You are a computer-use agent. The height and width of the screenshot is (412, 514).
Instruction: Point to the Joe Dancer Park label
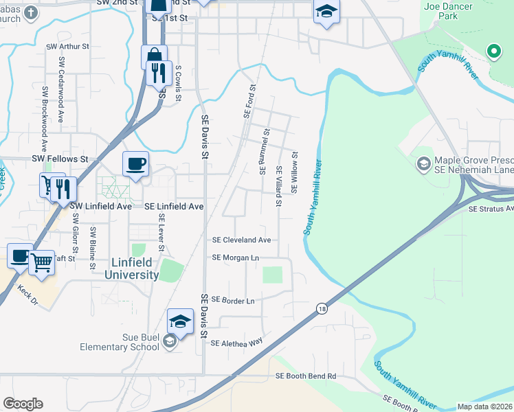pos(448,11)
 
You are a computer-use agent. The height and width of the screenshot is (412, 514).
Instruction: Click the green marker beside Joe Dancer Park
pos(493,51)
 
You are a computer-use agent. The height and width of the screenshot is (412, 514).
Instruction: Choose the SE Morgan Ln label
pos(236,257)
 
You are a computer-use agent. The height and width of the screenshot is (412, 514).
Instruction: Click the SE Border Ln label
pos(233,301)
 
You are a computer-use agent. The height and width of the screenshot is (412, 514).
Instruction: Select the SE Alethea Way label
pos(237,342)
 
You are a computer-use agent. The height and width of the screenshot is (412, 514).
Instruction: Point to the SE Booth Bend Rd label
pos(306,376)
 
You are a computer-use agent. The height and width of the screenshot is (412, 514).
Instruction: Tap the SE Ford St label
pos(249,101)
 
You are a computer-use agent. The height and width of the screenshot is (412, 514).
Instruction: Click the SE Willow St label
pos(295,172)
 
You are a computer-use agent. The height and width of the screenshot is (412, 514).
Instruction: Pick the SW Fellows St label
pos(60,159)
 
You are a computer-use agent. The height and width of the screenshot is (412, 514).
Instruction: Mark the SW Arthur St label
pos(67,47)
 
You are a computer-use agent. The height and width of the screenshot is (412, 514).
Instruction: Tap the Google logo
pos(23,404)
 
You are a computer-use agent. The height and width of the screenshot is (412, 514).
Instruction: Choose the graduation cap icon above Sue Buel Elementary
pos(180,321)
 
